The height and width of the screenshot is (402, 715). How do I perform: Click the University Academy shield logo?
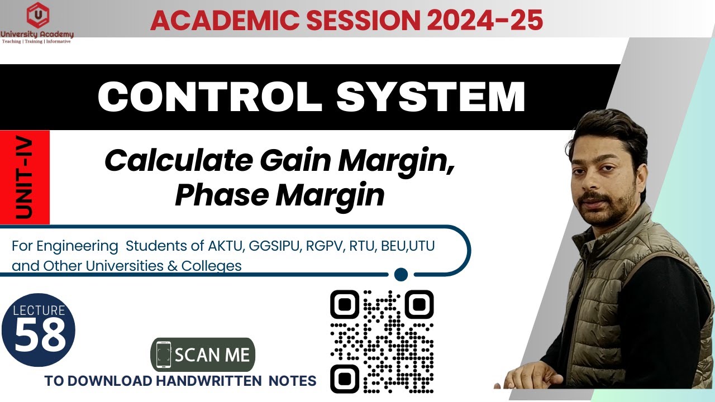click(37, 16)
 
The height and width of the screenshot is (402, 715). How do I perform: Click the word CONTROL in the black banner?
click(209, 97)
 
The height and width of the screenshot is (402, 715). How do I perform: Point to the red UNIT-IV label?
click(25, 178)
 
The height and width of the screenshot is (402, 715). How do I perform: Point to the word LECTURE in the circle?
click(39, 310)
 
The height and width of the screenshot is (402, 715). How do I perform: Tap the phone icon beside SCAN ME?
click(163, 355)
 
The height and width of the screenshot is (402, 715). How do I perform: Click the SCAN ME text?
click(212, 355)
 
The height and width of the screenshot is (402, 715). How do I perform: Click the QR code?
click(382, 341)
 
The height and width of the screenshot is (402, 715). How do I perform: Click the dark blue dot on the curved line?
click(401, 274)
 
